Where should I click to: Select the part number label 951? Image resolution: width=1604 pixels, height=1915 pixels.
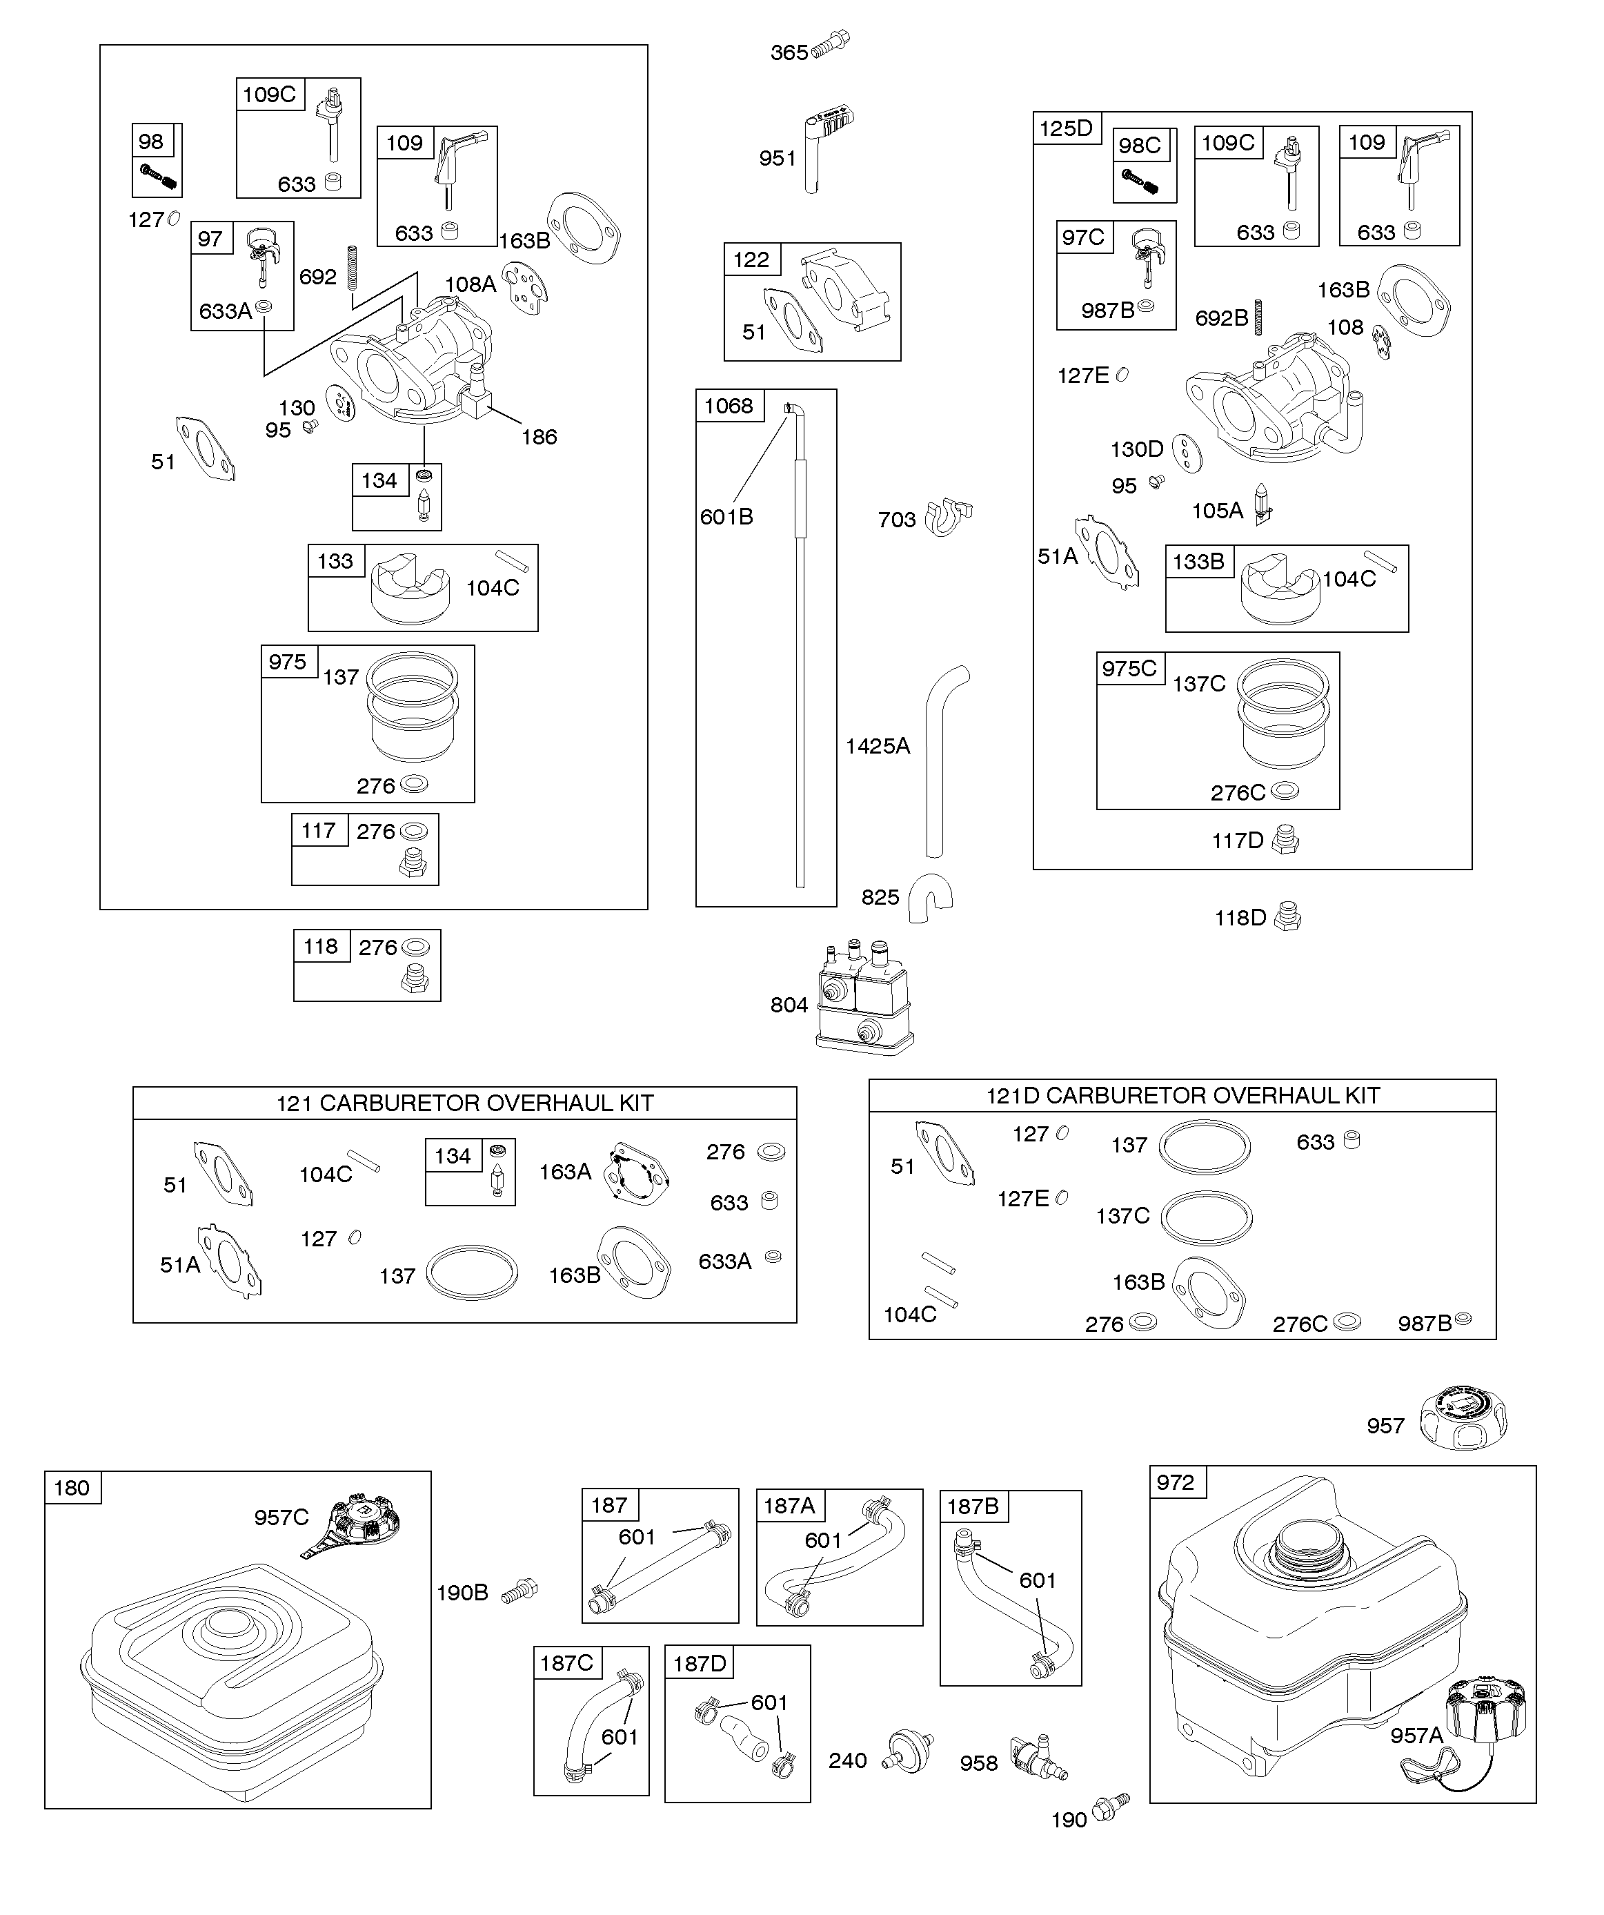click(x=778, y=159)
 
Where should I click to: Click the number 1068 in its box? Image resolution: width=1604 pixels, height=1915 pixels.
click(x=729, y=406)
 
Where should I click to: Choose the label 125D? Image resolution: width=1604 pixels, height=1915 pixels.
click(x=1066, y=128)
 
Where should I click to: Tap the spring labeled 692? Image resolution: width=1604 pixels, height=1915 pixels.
click(x=352, y=267)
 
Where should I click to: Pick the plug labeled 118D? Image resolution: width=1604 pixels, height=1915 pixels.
click(x=1287, y=916)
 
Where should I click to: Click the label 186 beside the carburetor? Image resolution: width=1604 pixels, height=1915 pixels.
click(x=539, y=437)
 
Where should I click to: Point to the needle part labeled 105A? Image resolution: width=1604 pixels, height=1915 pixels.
click(x=1262, y=503)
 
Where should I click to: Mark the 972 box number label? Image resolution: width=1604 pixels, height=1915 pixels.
click(x=1176, y=1482)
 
